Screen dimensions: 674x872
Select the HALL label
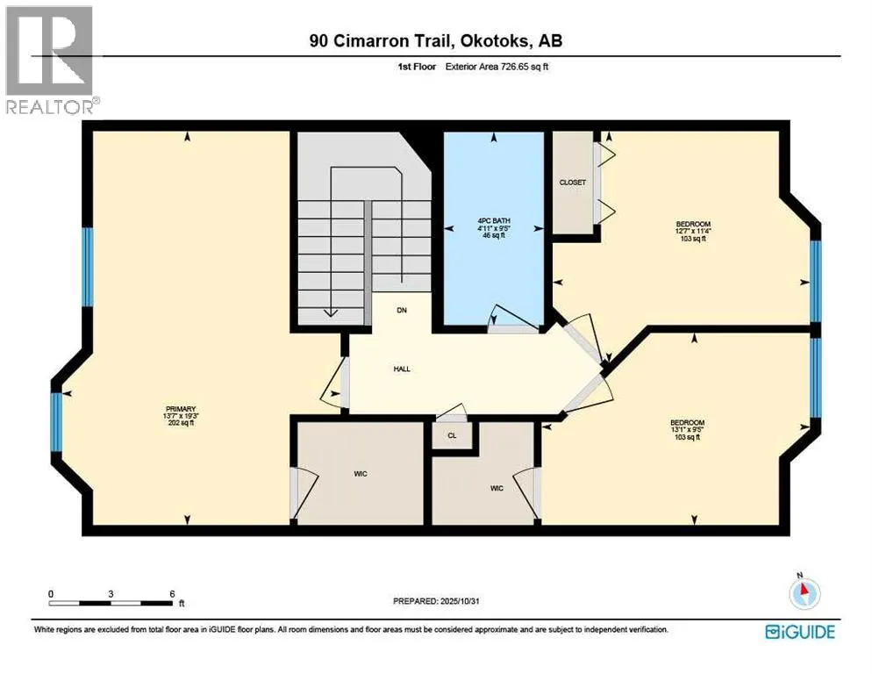pyautogui.click(x=402, y=369)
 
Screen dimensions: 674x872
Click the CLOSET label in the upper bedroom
pyautogui.click(x=572, y=183)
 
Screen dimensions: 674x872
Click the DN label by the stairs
pyautogui.click(x=402, y=311)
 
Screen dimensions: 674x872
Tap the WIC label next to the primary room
pyautogui.click(x=360, y=474)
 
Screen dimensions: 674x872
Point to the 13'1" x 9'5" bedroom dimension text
pyautogui.click(x=687, y=429)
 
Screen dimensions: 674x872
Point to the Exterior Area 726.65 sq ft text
pyautogui.click(x=504, y=66)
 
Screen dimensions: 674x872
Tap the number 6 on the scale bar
pyautogui.click(x=171, y=593)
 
